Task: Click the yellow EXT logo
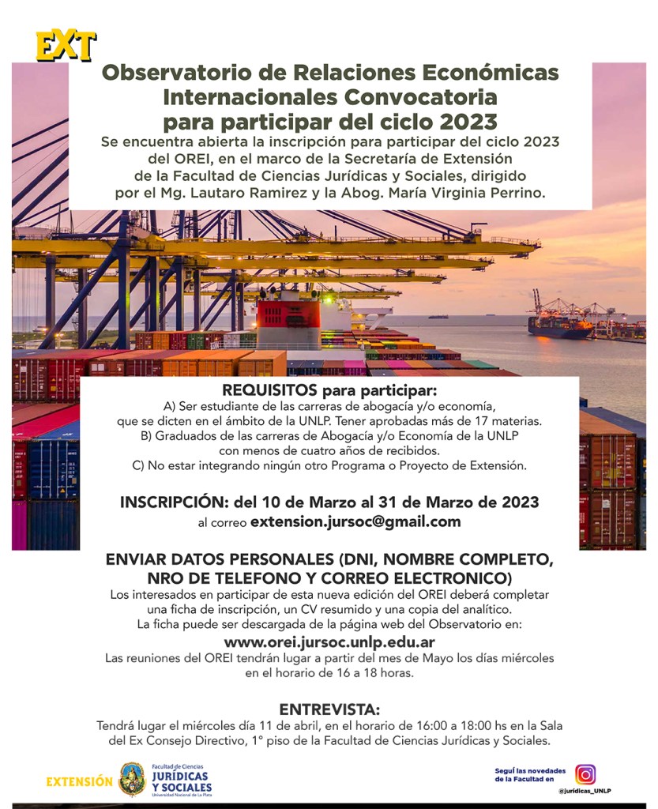[x=66, y=47]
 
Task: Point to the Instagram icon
[x=585, y=774]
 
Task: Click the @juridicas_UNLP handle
[x=585, y=792]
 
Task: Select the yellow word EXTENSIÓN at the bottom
[x=79, y=781]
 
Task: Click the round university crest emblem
[x=132, y=779]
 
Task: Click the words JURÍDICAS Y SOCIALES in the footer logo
[x=181, y=782]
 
